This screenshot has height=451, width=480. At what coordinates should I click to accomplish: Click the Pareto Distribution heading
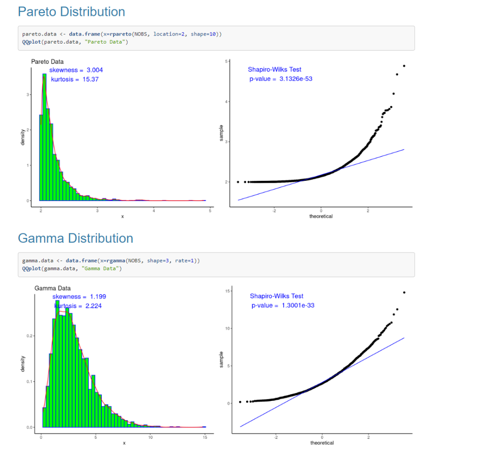[71, 12]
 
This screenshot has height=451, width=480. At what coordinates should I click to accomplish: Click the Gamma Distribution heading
[75, 238]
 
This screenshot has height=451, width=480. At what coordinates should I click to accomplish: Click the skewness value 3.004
[95, 70]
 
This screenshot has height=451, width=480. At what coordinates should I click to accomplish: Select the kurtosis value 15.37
[90, 80]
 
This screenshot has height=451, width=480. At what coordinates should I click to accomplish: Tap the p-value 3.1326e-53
[296, 79]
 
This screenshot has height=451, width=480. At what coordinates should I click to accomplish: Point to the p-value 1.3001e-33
[298, 305]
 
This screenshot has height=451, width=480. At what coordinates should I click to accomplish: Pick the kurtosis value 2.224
[93, 306]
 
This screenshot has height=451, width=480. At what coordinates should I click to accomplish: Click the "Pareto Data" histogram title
[47, 61]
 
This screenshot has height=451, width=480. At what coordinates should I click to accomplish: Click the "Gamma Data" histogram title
[52, 288]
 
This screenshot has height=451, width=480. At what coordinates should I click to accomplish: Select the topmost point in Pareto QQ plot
[404, 66]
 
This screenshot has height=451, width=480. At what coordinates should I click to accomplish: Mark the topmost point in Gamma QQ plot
[404, 292]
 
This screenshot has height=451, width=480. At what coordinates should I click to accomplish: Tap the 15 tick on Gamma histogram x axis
[204, 437]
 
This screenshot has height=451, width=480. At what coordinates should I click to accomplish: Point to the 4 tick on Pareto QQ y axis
[227, 102]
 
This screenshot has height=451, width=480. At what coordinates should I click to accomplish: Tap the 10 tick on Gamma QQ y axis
[227, 328]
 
